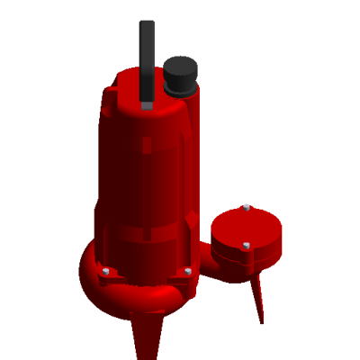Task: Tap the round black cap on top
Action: tap(181, 68)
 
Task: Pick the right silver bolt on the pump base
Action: tap(187, 270)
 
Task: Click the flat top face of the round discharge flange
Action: tap(245, 227)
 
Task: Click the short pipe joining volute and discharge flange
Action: tap(205, 261)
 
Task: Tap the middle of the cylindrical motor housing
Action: tap(144, 171)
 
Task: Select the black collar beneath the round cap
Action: tap(180, 88)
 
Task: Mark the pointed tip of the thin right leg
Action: tap(262, 321)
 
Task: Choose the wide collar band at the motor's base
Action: tap(144, 247)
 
